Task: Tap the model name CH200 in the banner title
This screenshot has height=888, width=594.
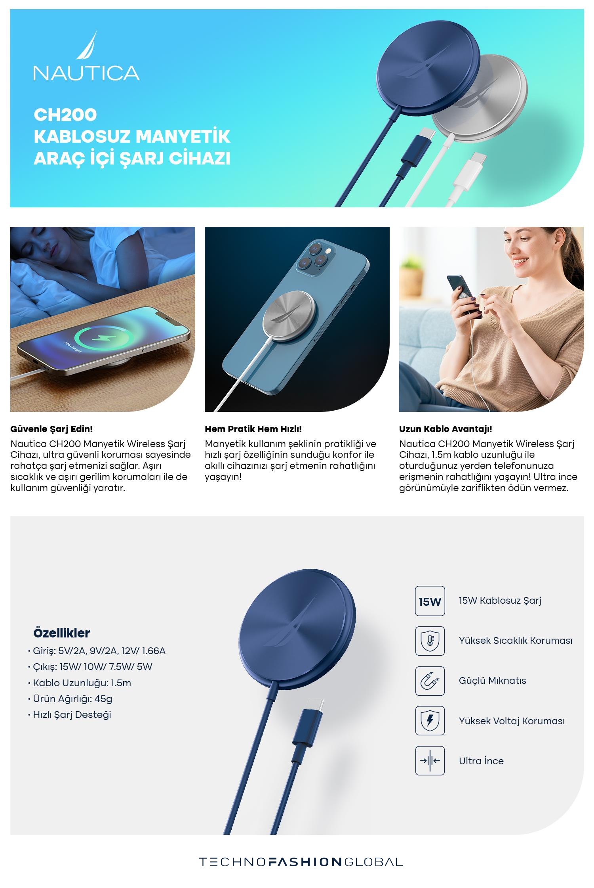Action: [65, 115]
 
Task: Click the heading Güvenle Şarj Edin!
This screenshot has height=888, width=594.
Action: [51, 429]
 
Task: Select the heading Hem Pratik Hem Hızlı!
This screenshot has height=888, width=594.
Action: [253, 429]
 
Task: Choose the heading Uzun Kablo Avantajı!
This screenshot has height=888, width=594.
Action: [445, 429]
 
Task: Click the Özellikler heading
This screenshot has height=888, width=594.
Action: [62, 633]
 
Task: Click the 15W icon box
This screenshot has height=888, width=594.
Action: [430, 601]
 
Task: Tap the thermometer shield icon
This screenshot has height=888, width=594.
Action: [430, 641]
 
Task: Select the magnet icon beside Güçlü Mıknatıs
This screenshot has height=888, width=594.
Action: [430, 681]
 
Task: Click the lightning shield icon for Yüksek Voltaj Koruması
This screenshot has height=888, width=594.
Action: [430, 721]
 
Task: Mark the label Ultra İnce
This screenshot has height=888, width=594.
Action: [481, 761]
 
